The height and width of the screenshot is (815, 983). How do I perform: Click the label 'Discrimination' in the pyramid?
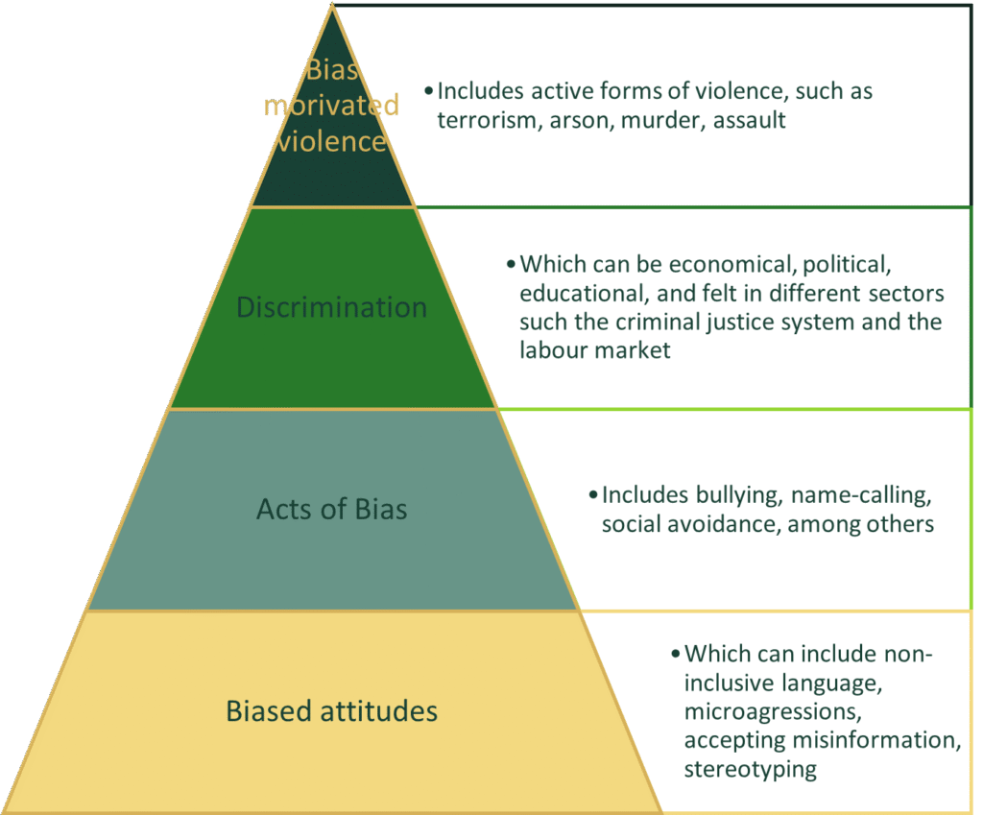click(x=331, y=307)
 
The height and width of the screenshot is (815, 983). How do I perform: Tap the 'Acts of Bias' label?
click(x=331, y=509)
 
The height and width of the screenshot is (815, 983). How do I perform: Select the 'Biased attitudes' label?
click(x=331, y=711)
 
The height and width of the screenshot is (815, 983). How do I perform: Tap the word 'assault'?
click(x=750, y=121)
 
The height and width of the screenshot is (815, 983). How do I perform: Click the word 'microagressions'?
click(x=769, y=712)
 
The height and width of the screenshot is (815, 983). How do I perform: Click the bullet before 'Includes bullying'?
click(x=592, y=495)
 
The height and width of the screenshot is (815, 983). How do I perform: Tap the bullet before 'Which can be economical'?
click(x=511, y=264)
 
